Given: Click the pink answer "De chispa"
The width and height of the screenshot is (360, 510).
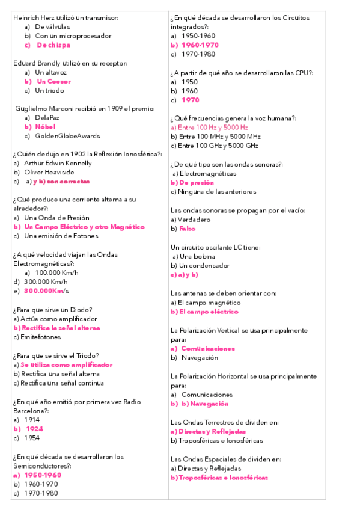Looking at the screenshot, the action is [x=53, y=45].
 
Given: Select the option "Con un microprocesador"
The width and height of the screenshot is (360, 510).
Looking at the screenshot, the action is [x=73, y=36].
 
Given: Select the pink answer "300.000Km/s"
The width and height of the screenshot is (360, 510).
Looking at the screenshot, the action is [x=46, y=291].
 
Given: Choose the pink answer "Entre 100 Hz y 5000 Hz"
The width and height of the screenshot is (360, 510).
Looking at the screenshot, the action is [x=209, y=127].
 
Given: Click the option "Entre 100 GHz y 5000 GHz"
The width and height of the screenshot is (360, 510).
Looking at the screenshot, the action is [x=215, y=146].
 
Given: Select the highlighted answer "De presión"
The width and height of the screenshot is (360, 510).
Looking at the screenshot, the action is [x=192, y=182].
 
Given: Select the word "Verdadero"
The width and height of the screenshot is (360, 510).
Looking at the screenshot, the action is [x=191, y=220].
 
